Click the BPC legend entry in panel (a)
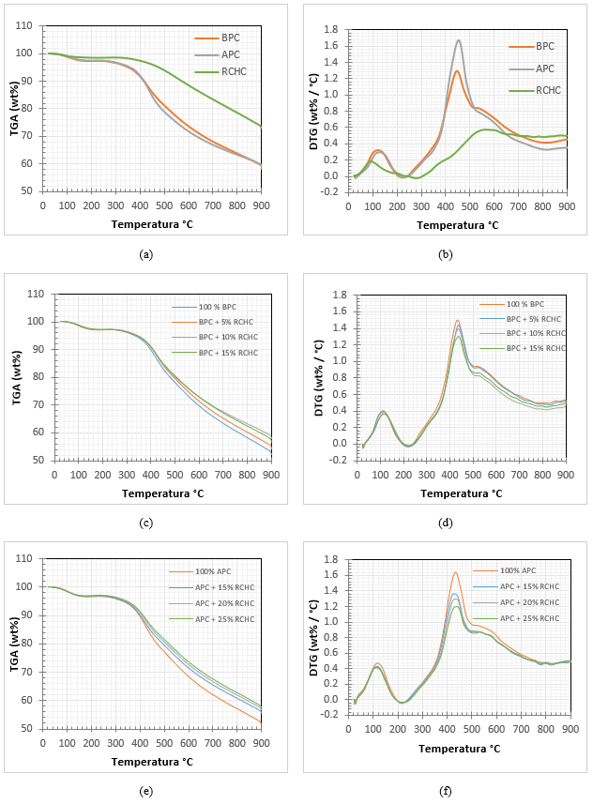(x=230, y=38)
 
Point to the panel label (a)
(x=145, y=254)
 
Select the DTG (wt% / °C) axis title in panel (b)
(x=316, y=109)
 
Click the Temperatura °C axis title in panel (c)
(x=152, y=493)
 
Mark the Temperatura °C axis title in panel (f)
(x=457, y=749)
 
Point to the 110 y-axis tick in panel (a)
(x=29, y=25)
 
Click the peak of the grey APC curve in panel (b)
(x=459, y=40)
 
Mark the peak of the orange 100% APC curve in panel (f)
(x=456, y=572)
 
